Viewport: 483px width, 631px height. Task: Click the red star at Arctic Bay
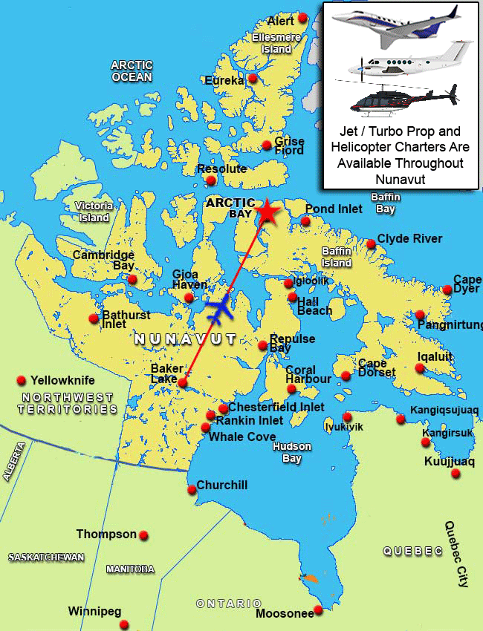(268, 212)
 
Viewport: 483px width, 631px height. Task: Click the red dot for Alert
(302, 18)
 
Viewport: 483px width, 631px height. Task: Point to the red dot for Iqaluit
(420, 367)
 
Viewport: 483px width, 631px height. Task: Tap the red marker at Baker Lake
(183, 382)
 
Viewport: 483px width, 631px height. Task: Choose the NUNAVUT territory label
(185, 339)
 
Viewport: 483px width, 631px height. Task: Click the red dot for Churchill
(192, 488)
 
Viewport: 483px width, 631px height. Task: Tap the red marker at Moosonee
(318, 609)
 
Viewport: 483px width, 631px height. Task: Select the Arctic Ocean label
(132, 71)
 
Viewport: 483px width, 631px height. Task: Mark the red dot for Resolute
(211, 180)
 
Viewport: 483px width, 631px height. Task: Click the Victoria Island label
(94, 212)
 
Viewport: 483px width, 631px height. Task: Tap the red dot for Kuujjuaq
(456, 473)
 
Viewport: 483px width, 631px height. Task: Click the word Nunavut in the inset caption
(401, 177)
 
